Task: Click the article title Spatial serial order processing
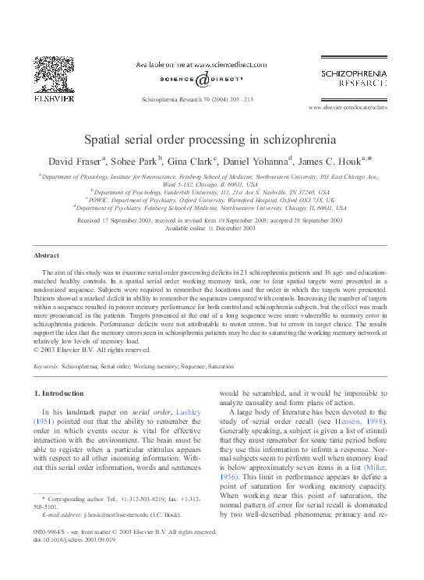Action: tap(210, 141)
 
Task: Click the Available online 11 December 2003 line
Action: tap(210, 229)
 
